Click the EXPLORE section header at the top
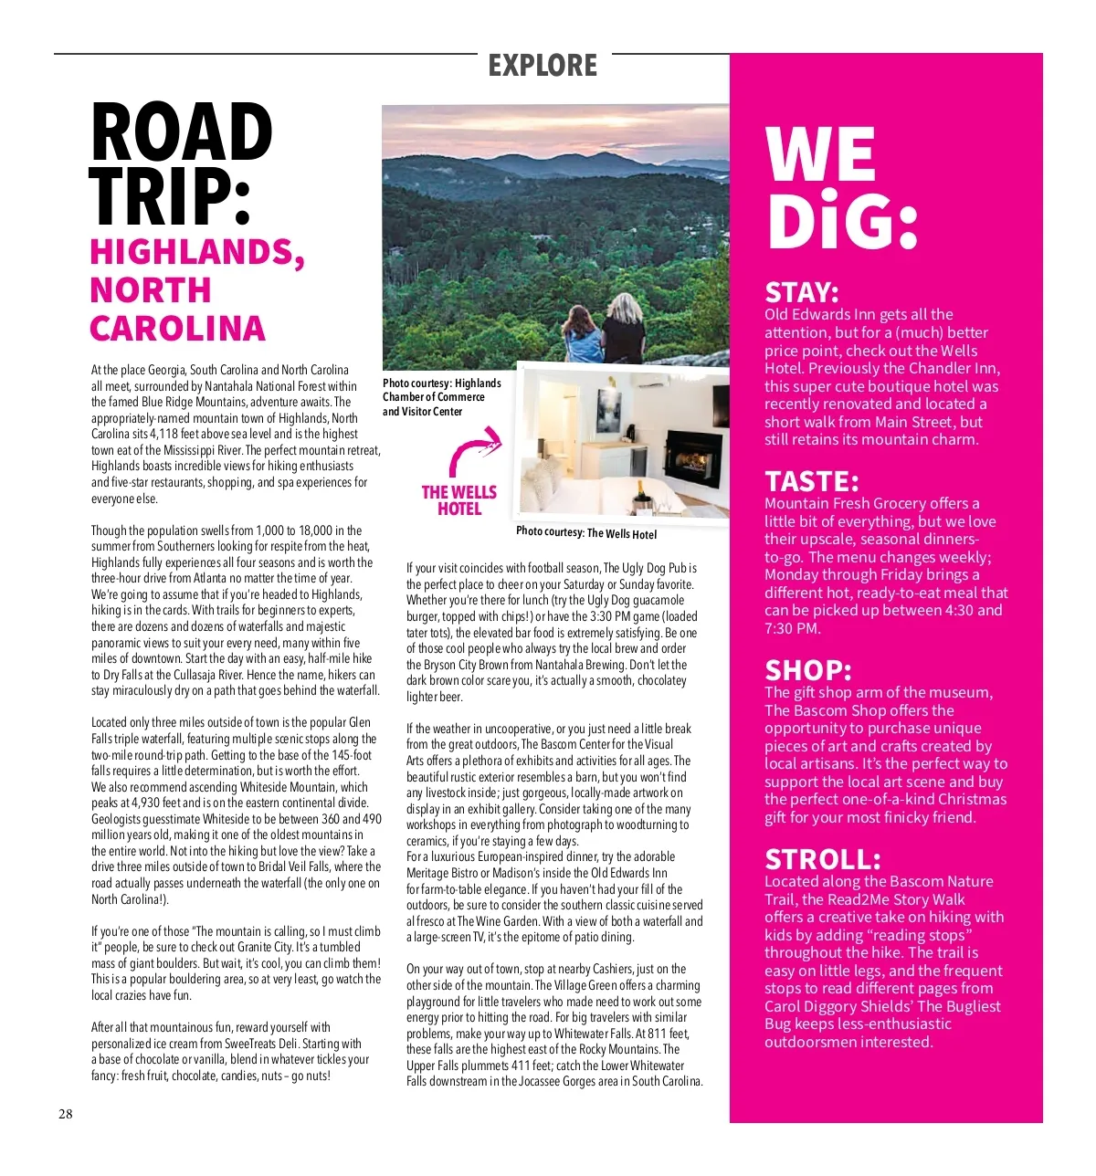543,66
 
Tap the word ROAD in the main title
182,133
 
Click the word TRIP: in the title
170,197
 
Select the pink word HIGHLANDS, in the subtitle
197,253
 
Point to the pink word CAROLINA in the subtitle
178,329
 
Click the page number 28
66,1114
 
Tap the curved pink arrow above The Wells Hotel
475,451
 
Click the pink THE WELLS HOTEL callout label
458,500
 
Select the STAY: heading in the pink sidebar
801,293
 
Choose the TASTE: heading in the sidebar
812,481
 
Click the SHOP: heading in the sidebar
808,671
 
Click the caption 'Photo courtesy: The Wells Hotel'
586,532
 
